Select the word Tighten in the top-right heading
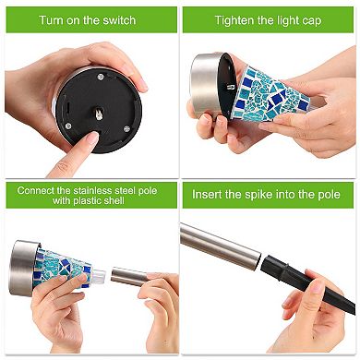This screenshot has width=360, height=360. pyautogui.click(x=235, y=19)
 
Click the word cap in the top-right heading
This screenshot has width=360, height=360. pyautogui.click(x=311, y=19)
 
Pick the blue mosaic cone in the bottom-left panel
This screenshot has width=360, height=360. pyautogui.click(x=66, y=267)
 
